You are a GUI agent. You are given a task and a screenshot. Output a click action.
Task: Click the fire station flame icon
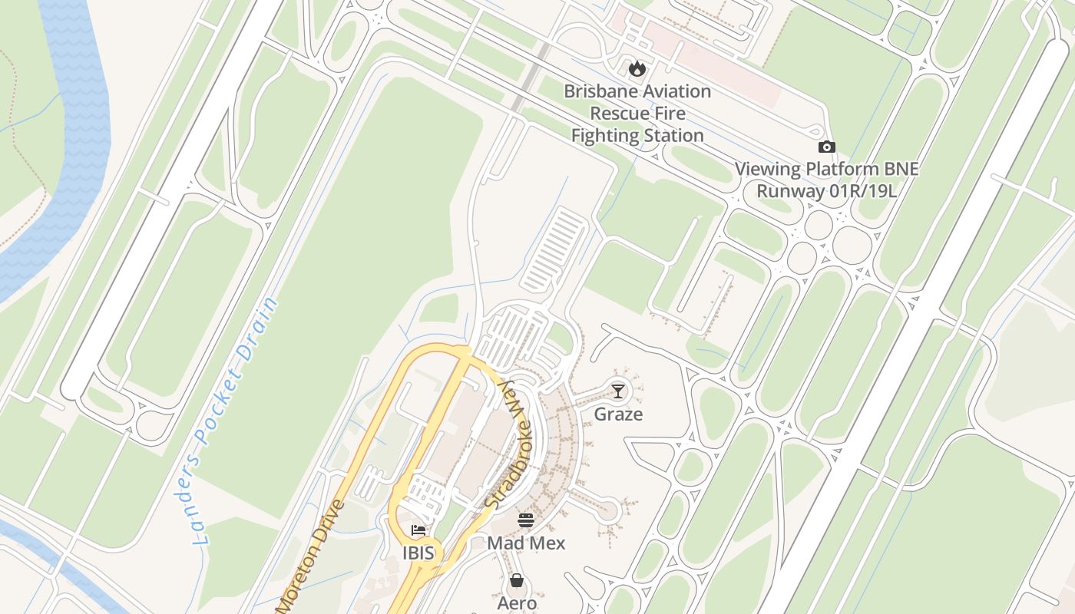pyautogui.click(x=637, y=69)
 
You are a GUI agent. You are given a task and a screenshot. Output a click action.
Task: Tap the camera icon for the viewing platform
pyautogui.click(x=826, y=147)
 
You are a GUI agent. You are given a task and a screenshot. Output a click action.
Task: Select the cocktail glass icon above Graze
pyautogui.click(x=617, y=391)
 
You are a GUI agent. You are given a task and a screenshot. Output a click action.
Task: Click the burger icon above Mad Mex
pyautogui.click(x=526, y=520)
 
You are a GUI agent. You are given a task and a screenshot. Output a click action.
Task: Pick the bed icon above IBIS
pyautogui.click(x=418, y=530)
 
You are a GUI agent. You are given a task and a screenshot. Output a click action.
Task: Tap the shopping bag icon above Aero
pyautogui.click(x=517, y=580)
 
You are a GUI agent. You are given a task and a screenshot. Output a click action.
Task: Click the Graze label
pyautogui.click(x=618, y=414)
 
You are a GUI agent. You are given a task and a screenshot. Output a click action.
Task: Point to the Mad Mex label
pyautogui.click(x=526, y=543)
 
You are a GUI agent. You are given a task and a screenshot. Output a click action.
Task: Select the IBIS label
pyautogui.click(x=418, y=553)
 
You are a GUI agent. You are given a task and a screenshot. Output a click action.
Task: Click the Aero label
pyautogui.click(x=517, y=603)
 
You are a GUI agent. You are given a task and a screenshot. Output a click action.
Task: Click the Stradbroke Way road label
pyautogui.click(x=508, y=444)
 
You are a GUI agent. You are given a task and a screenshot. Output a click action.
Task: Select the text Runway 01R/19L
pyautogui.click(x=826, y=190)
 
